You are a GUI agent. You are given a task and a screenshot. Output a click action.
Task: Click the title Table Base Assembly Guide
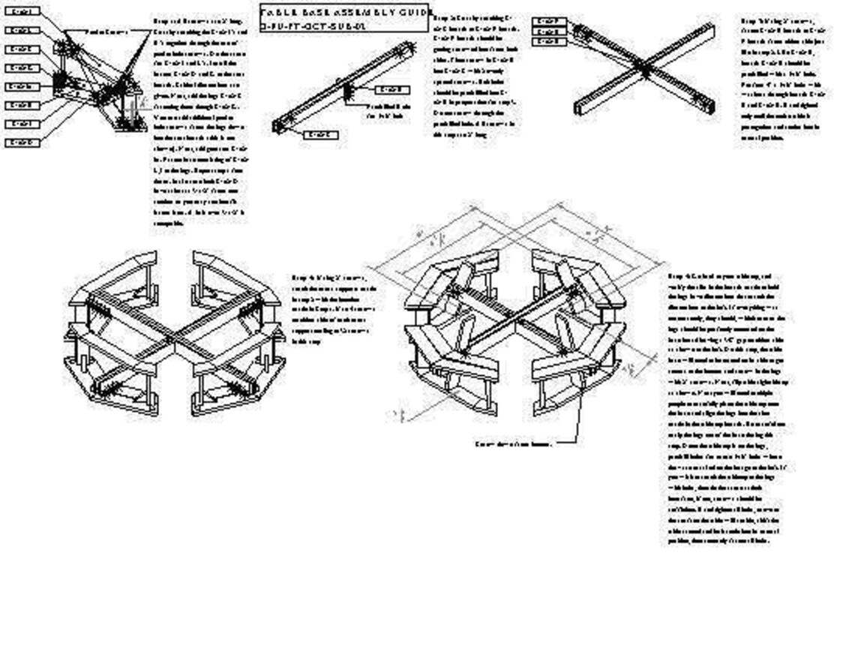(344, 13)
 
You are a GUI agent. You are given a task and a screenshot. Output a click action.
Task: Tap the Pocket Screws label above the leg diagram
(108, 32)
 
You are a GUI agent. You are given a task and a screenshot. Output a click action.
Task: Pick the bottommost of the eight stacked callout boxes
(22, 143)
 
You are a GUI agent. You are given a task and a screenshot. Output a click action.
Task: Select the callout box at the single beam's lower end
(320, 135)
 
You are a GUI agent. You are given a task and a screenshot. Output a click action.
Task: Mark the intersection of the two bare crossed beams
(643, 67)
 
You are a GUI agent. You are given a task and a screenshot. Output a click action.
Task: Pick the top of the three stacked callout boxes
(548, 22)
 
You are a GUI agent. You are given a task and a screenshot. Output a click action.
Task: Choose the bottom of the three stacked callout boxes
(548, 41)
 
